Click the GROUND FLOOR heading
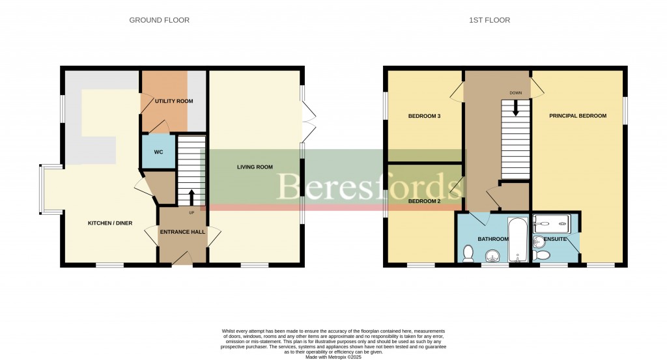[x=159, y=20]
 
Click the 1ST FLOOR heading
[x=489, y=20]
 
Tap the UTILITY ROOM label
[x=173, y=101]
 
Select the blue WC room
[x=158, y=151]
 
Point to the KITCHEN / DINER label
[x=110, y=223]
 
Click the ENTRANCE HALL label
[x=182, y=232]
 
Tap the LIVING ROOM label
[x=255, y=167]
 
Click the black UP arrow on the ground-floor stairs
[x=192, y=197]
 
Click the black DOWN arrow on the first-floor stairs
[x=516, y=108]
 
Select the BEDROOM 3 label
[x=424, y=116]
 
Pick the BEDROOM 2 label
[x=424, y=201]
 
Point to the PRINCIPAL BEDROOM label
[x=578, y=116]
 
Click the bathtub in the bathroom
[x=518, y=240]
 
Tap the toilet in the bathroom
[x=468, y=254]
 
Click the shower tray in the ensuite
[x=552, y=221]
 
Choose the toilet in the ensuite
[x=542, y=255]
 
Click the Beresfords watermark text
[x=365, y=186]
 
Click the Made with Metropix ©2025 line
[x=333, y=357]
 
